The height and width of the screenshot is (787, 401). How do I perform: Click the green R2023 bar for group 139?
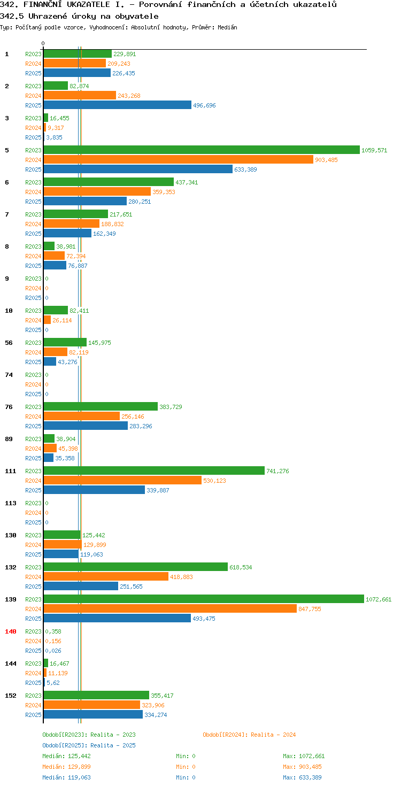204,599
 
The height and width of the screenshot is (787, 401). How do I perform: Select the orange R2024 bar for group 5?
179,159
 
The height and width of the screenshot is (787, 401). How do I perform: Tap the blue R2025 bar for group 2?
118,105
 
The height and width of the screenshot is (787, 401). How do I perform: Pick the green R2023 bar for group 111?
155,471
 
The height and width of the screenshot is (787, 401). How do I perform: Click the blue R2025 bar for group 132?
81,586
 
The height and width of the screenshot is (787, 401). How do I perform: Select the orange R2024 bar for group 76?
82,416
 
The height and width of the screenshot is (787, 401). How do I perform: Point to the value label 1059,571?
374,150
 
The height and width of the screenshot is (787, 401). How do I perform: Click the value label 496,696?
204,105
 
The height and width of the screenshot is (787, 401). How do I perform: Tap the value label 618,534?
241,567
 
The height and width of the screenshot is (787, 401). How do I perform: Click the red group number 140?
11,631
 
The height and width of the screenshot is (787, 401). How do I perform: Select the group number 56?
9,343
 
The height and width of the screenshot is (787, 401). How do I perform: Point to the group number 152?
11,696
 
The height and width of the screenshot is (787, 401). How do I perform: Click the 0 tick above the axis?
43,43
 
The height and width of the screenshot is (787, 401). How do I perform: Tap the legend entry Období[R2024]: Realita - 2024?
249,735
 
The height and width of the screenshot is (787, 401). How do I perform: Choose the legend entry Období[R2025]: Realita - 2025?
89,745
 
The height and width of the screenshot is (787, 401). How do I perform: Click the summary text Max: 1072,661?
304,756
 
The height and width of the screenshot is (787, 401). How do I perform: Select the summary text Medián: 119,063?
66,777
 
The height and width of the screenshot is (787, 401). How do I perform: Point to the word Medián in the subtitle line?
227,27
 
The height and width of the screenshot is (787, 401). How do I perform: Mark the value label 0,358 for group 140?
53,632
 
